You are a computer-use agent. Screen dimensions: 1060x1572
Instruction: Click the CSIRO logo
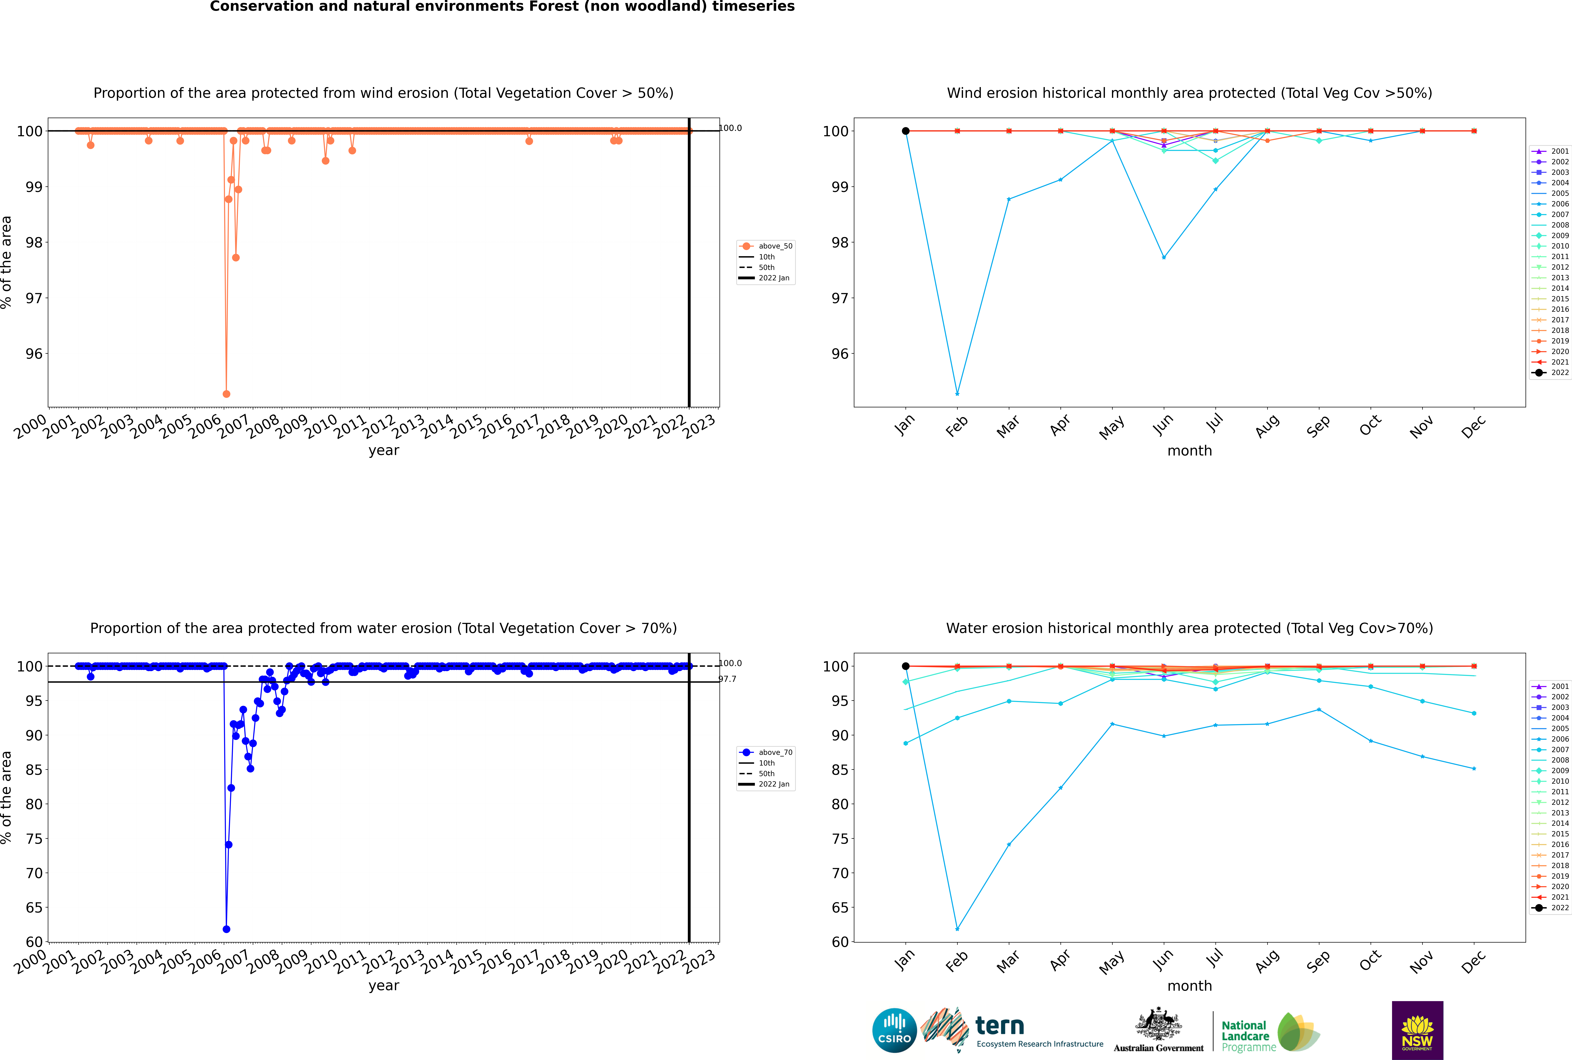(x=894, y=1030)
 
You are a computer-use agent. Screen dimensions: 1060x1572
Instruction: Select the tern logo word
(x=1000, y=1026)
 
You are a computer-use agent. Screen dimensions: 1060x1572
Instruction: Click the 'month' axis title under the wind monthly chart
(x=1189, y=451)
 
